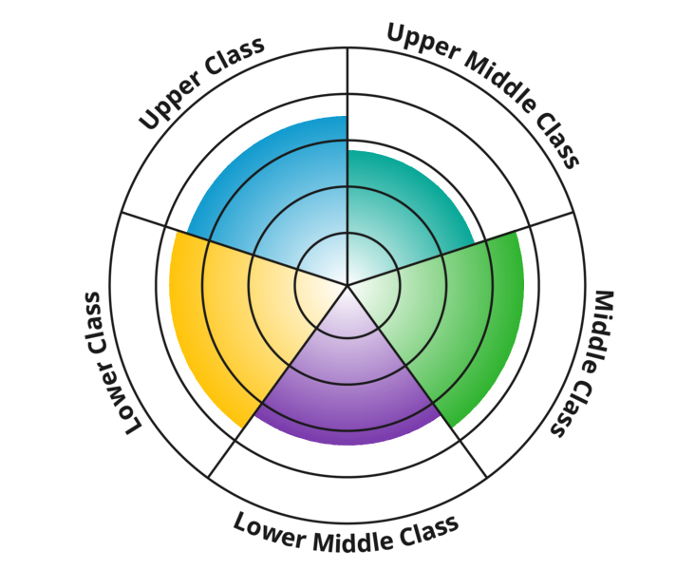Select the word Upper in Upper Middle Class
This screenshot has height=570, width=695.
[420, 43]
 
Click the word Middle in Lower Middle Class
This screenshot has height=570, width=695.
[346, 538]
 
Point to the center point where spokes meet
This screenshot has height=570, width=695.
[347, 284]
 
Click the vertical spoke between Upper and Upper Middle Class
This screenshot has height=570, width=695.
[347, 85]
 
